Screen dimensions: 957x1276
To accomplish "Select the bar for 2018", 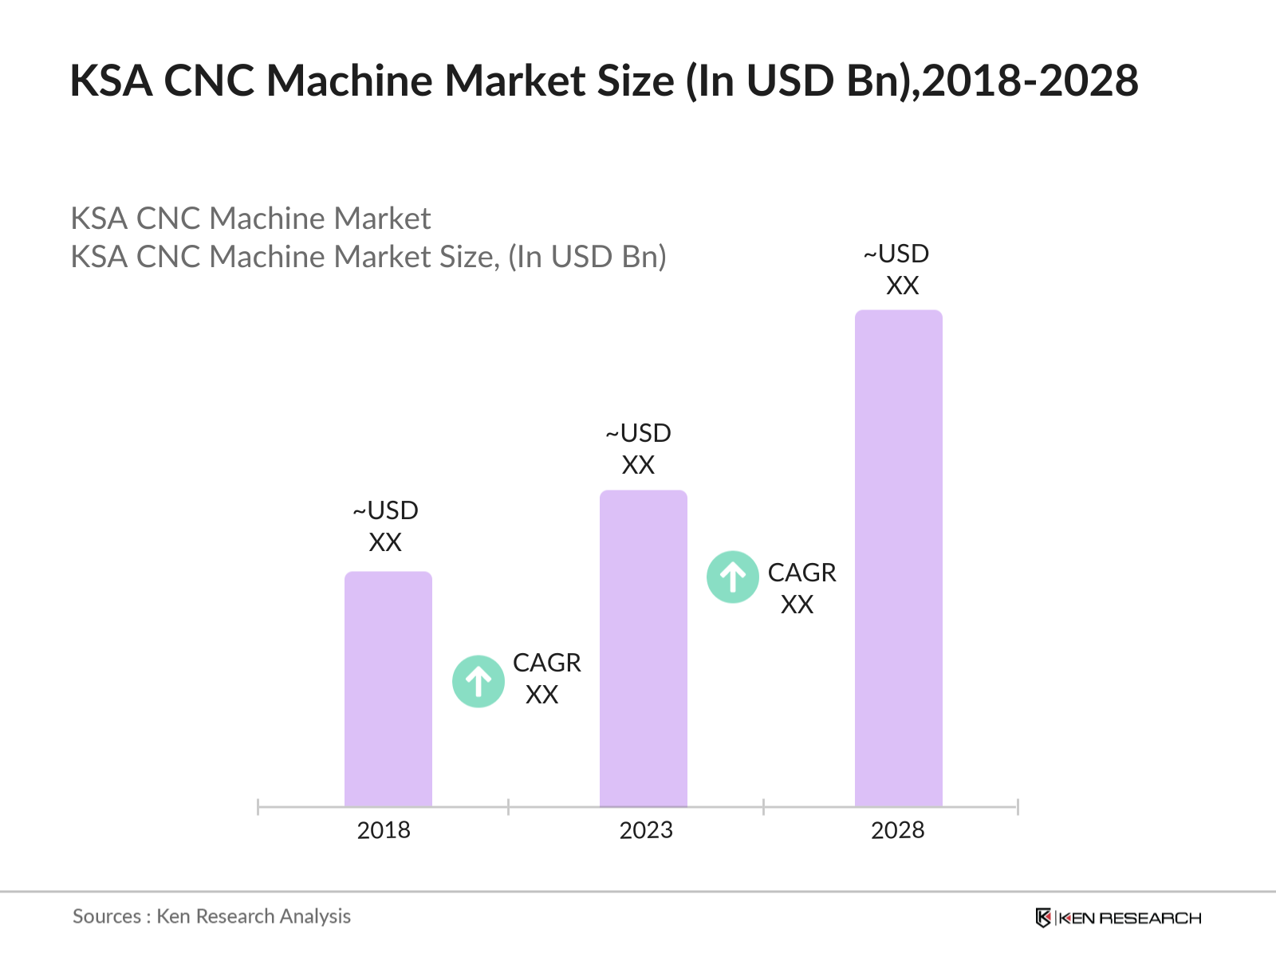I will point(388,689).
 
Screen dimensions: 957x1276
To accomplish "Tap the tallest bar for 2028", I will point(898,558).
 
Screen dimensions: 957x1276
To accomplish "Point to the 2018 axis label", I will point(384,830).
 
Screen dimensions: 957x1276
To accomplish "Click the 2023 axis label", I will point(646,830).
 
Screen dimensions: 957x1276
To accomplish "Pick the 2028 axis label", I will point(898,830).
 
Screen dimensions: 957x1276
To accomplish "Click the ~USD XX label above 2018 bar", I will point(386,526).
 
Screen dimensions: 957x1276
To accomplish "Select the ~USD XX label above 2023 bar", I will point(639,449).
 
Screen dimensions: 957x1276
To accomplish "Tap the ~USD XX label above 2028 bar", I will point(897,270).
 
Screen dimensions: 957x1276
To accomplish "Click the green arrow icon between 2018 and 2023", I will point(478,681).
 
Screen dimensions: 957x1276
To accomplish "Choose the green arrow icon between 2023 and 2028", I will point(732,577).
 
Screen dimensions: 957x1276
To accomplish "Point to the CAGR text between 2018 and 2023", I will point(546,663).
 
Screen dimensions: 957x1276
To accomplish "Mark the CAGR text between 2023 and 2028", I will point(801,573).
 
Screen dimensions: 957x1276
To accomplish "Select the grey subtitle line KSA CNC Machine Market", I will point(250,219).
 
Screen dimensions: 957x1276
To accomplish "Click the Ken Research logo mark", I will point(1042,918).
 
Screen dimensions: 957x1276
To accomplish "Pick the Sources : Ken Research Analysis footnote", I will point(211,916).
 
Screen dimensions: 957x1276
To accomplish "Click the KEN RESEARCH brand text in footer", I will point(1129,918).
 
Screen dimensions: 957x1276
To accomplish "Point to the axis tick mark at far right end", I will point(1018,807).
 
